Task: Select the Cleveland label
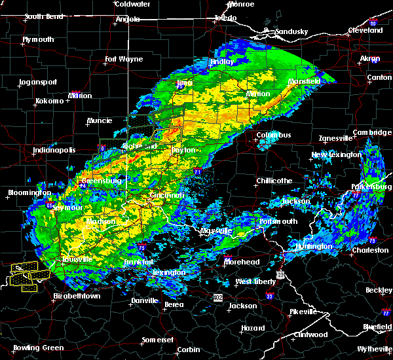click(365, 30)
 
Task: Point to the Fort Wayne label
click(124, 59)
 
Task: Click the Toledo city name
click(225, 18)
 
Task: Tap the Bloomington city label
click(29, 192)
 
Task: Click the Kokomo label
click(49, 101)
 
